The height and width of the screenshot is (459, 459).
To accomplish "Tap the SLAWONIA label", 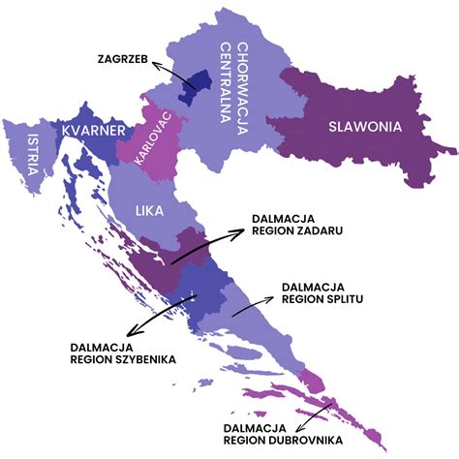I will coord(365,126).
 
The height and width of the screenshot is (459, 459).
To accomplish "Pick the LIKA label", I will coord(149,208).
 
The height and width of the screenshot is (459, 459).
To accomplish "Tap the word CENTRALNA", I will coord(228,88).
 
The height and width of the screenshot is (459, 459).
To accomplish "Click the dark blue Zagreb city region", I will coord(199,85).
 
